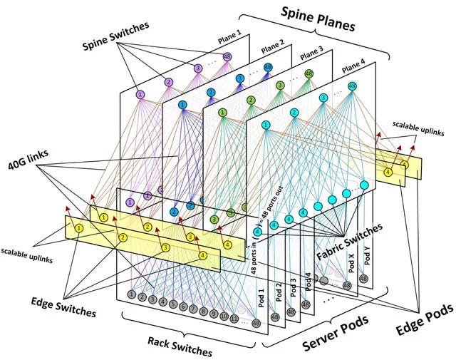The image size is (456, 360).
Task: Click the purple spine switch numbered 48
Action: pos(227,57)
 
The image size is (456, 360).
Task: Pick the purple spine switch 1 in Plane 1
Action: pos(140,94)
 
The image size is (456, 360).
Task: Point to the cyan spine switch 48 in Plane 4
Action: pos(351,86)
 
